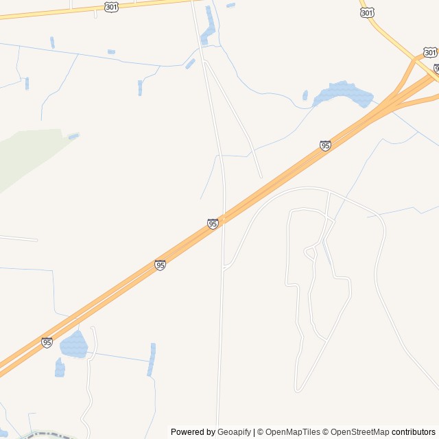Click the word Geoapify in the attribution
[x=234, y=432]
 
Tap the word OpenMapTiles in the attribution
[x=292, y=432]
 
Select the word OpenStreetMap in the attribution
[x=359, y=432]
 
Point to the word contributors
[x=414, y=432]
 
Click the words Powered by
[x=193, y=432]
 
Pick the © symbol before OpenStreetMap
[x=327, y=432]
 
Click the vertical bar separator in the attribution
[x=254, y=432]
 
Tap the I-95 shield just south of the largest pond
[x=325, y=145]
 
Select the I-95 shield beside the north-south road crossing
[x=213, y=224]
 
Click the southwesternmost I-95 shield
[x=47, y=342]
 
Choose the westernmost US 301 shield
[x=112, y=6]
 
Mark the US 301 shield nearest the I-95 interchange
[x=429, y=52]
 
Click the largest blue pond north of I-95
[x=342, y=93]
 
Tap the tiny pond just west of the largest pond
[x=305, y=95]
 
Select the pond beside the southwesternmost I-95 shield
[x=74, y=344]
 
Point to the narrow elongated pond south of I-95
[x=152, y=360]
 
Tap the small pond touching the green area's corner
[x=73, y=136]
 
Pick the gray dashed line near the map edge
[x=48, y=434]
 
